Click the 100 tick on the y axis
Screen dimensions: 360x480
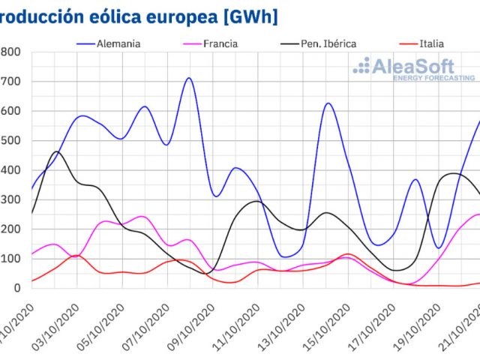pos(10,259)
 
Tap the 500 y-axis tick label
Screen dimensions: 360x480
pos(10,140)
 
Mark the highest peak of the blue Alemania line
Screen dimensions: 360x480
pos(189,78)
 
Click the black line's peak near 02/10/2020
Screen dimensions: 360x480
pos(56,151)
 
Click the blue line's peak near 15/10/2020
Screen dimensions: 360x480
pos(328,103)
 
